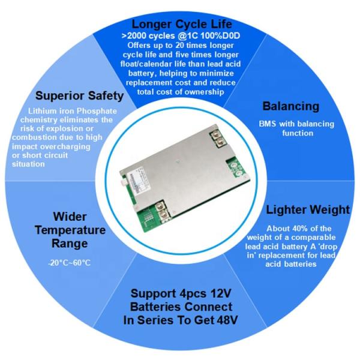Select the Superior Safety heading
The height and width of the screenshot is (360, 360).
tap(80, 96)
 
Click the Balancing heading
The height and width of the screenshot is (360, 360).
tap(290, 106)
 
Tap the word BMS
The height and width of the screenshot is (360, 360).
tap(268, 124)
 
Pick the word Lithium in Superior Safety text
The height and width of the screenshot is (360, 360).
tap(43, 112)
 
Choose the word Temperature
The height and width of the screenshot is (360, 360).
tap(70, 230)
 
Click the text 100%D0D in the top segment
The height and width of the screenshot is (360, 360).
tap(214, 36)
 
